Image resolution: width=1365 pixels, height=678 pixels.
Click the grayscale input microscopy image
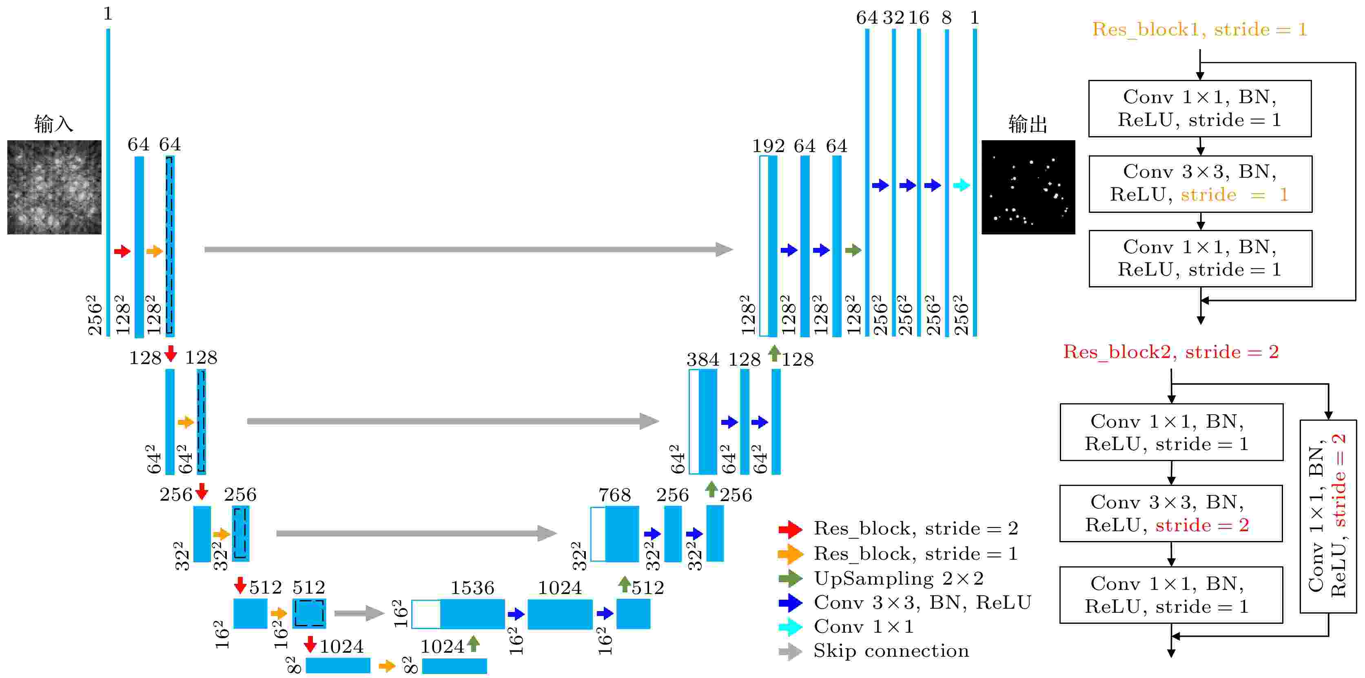coord(54,187)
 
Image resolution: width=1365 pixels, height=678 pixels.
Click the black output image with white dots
coord(1028,187)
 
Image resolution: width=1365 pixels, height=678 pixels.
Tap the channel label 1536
coord(472,587)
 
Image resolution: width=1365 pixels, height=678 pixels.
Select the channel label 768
coord(615,495)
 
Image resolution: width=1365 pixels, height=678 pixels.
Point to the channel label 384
coord(702,360)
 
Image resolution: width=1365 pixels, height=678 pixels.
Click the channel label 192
coord(768,146)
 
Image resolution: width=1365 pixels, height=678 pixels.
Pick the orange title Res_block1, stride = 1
coord(1200,30)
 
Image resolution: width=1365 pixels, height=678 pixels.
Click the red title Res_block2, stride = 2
coord(1171,352)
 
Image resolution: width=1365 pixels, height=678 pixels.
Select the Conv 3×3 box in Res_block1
coord(1200,184)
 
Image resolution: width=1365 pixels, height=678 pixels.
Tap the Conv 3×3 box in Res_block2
coord(1171,513)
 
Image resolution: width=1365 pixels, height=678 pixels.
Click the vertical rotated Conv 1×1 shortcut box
coord(1328,517)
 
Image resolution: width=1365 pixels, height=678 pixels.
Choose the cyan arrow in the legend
coord(791,627)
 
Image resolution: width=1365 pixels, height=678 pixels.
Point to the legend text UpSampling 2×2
coord(899,579)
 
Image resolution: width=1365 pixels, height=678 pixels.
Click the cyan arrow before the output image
coord(961,186)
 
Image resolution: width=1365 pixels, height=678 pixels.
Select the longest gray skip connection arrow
coord(468,250)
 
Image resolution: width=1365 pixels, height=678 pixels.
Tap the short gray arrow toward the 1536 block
coord(359,613)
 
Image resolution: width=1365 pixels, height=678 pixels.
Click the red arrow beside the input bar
coord(122,251)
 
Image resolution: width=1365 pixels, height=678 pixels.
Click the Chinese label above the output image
coord(1028,124)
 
